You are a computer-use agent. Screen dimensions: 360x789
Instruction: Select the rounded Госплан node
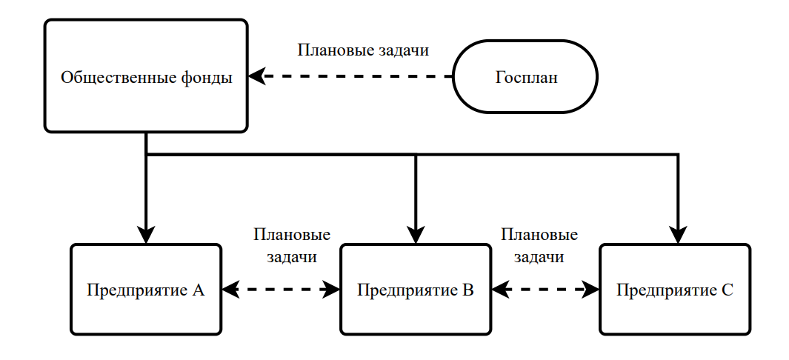[525, 76]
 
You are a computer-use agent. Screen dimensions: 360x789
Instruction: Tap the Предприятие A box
[146, 289]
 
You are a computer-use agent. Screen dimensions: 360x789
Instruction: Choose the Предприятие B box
[415, 289]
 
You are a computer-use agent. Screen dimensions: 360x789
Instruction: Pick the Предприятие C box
[675, 289]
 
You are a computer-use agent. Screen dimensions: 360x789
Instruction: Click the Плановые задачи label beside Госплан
[363, 51]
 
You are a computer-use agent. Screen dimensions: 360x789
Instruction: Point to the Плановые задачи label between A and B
[291, 246]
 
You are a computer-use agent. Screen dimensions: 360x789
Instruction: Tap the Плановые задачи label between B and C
[539, 246]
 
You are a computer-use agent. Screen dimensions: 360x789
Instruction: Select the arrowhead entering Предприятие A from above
[146, 235]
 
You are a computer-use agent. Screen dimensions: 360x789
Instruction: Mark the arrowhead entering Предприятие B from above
[416, 235]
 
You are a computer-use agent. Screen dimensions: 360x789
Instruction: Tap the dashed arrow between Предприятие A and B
[282, 290]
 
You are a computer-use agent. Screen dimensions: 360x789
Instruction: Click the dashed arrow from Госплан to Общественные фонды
[356, 76]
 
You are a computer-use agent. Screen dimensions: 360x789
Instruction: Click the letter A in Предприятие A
[198, 290]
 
